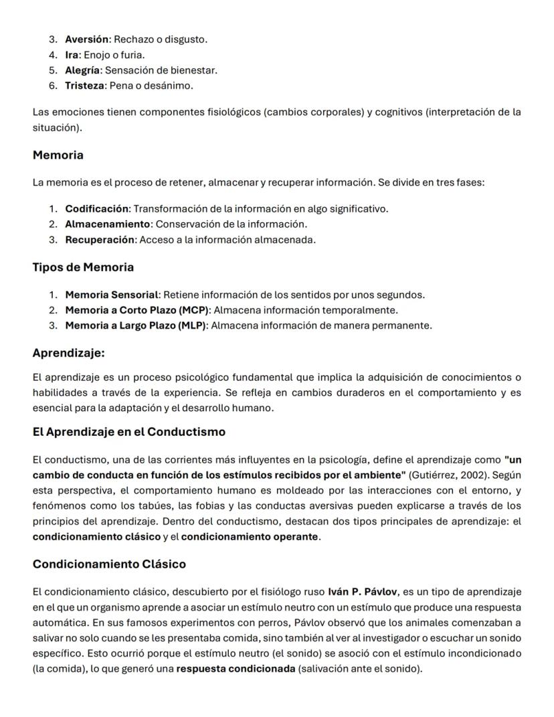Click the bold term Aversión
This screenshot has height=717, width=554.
click(86, 39)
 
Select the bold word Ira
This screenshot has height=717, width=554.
click(72, 55)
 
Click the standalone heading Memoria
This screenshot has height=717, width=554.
click(58, 155)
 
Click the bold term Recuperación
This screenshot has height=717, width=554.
click(99, 240)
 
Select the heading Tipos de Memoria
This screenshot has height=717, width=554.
click(83, 267)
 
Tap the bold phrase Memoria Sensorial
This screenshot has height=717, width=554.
click(112, 295)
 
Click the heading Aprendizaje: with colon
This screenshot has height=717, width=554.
click(68, 353)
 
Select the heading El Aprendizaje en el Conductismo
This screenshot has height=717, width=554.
click(128, 432)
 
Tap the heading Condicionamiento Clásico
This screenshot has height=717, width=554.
click(109, 564)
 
